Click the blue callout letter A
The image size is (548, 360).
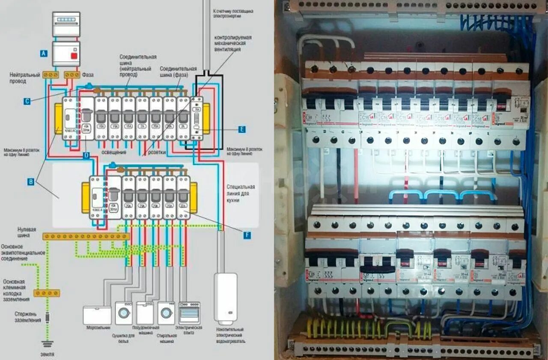click(44, 54)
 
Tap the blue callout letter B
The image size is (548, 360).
click(31, 181)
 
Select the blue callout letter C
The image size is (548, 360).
click(27, 101)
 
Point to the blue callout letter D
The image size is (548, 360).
click(86, 155)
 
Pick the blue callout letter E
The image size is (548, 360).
click(242, 129)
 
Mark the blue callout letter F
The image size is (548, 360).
click(247, 235)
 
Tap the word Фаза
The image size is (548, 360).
click(87, 74)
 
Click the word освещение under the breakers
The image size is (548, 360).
click(114, 152)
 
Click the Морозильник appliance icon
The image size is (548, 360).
click(97, 315)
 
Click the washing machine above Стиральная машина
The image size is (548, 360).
click(166, 313)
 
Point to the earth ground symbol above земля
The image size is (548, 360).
click(47, 343)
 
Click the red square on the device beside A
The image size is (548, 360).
click(74, 56)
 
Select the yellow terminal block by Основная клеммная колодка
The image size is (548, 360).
click(47, 293)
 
